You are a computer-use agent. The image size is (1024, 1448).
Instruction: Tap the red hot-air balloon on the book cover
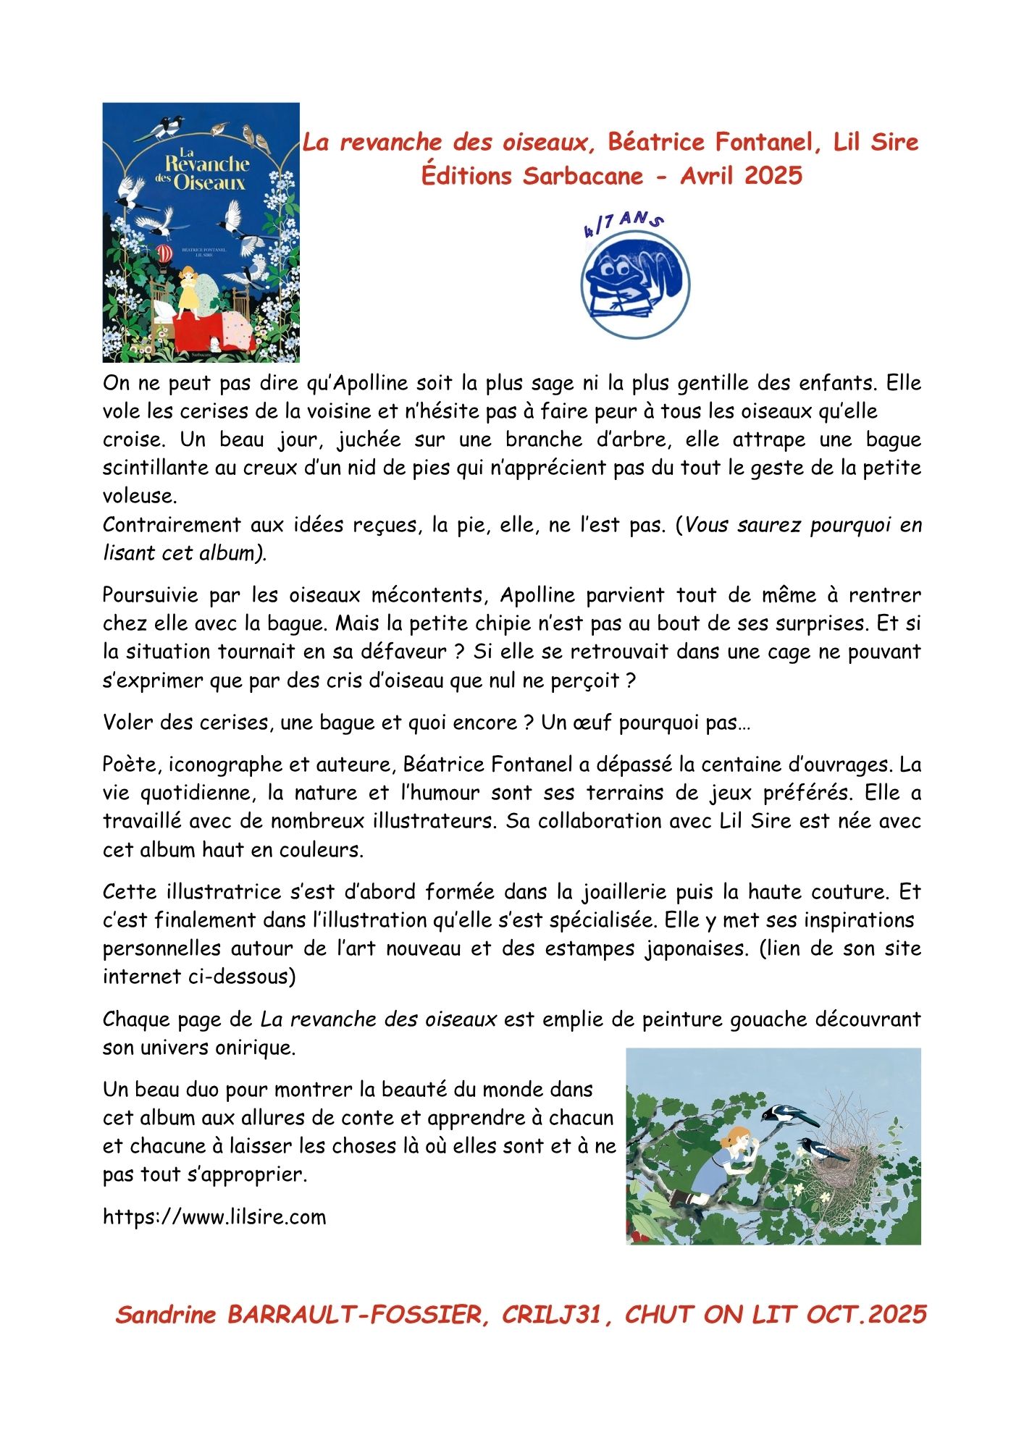pyautogui.click(x=165, y=253)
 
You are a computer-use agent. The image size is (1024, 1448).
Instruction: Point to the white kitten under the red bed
pyautogui.click(x=215, y=343)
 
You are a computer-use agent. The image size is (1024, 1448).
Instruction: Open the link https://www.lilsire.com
pyautogui.click(x=214, y=1216)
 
